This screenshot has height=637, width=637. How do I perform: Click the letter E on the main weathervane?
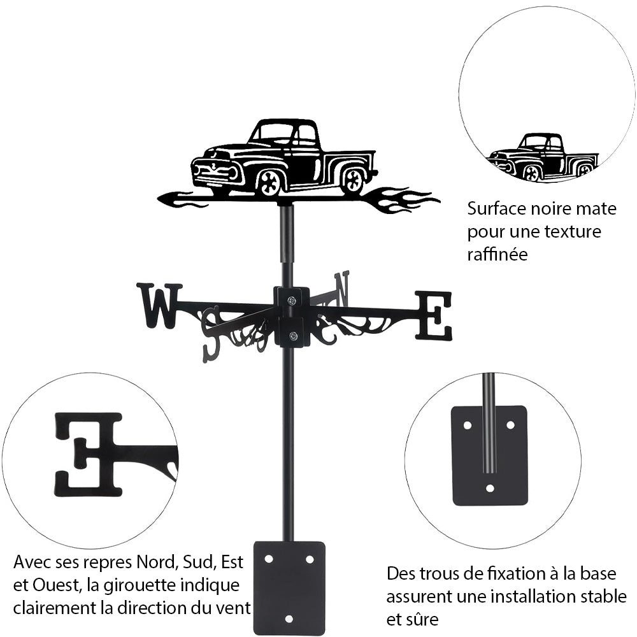point(434,315)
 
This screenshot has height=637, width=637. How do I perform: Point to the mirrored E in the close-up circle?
point(89,454)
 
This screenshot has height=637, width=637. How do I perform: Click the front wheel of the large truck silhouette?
point(269,183)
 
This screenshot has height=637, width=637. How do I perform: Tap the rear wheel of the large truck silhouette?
point(352,180)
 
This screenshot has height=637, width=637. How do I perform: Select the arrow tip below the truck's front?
point(167,199)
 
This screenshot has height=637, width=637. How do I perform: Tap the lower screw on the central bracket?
point(292,336)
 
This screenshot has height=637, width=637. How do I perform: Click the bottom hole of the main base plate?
point(289,618)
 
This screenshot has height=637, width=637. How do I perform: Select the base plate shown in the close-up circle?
point(489,455)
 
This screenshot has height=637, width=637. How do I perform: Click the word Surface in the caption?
point(494,208)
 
